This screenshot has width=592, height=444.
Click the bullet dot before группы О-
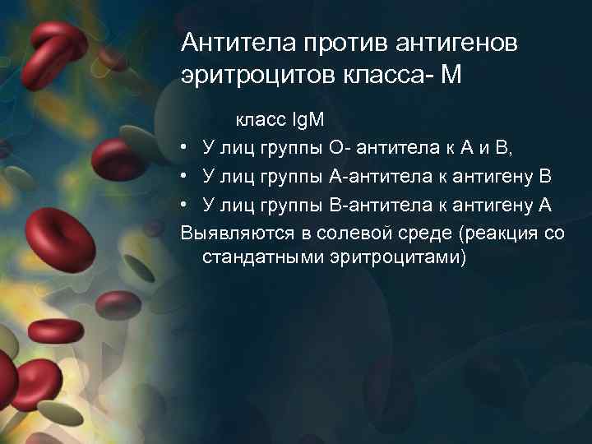pyautogui.click(x=187, y=148)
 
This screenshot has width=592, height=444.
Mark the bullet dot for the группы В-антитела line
pyautogui.click(x=187, y=205)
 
